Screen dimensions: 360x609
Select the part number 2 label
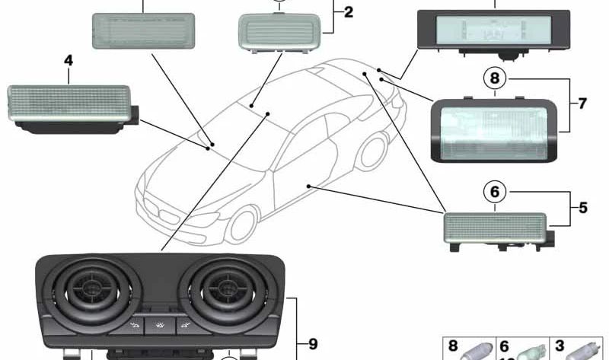349,12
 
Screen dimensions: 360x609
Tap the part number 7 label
582,103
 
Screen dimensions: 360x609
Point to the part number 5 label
583,206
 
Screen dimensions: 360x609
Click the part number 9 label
312,344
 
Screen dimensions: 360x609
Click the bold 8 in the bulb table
453,346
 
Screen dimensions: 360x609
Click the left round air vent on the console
96,290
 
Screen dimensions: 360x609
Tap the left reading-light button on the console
134,327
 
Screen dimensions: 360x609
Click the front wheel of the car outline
240,226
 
